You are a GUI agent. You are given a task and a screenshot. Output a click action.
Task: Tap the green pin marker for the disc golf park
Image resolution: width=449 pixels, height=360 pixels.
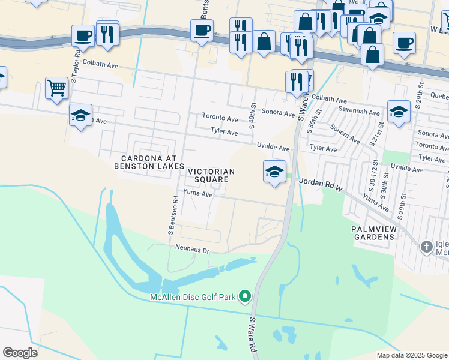245,296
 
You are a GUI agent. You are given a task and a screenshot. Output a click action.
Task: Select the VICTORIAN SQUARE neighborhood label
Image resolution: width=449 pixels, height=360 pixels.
210,175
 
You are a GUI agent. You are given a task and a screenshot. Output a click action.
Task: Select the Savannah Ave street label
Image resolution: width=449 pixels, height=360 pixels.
358,112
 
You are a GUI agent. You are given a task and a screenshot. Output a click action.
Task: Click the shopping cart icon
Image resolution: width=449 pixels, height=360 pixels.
56,88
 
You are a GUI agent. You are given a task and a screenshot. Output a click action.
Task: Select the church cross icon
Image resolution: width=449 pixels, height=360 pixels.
426,247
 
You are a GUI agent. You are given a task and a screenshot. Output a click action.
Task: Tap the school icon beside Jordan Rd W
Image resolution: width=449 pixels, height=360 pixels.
274,172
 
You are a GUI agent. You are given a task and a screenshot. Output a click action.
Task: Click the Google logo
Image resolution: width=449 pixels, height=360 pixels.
20,353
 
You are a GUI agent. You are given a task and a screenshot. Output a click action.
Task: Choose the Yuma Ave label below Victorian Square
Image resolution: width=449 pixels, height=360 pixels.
199,193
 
